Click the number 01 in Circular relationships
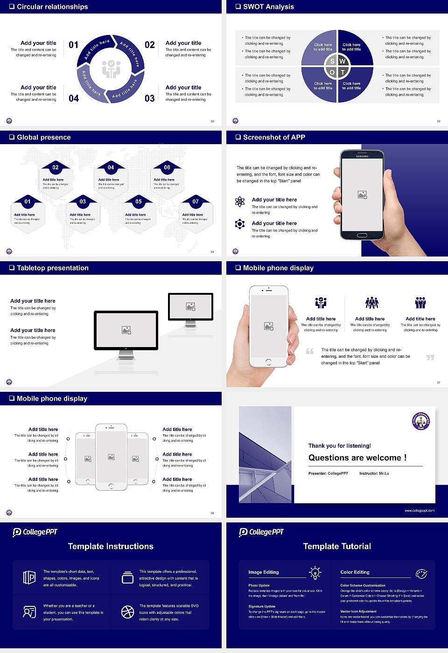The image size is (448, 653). coord(73,45)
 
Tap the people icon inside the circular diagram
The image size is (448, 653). coord(111,69)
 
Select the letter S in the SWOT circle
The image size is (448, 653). coord(332,61)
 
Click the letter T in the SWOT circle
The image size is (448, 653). coord(343,72)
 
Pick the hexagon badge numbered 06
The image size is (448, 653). coord(167,167)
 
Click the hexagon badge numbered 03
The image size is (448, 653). coord(83,201)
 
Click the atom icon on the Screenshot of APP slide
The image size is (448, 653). coord(240,201)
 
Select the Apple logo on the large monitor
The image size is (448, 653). coord(126,348)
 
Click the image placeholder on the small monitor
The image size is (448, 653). coord(190,306)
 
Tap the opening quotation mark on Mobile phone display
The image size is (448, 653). coord(309,351)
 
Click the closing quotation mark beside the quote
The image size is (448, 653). coord(430,357)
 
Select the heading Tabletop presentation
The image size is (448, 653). coord(52,268)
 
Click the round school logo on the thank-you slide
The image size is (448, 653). coord(420,421)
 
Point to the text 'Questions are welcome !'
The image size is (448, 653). coord(357,458)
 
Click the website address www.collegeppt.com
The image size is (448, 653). coord(419,510)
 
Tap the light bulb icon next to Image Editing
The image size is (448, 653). coord(315,572)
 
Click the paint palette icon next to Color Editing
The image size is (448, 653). coord(421,573)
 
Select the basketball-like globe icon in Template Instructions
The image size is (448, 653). coord(127,611)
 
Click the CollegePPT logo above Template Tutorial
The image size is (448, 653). coord(261,532)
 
